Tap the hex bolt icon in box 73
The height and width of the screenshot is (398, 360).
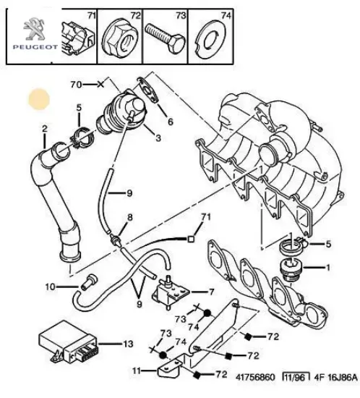pyautogui.click(x=167, y=33)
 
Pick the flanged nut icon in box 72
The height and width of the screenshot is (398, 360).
pyautogui.click(x=119, y=34)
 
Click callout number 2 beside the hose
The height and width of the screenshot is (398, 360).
pyautogui.click(x=45, y=130)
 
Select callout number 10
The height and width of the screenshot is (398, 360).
pyautogui.click(x=51, y=287)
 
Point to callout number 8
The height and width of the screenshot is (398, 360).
pyautogui.click(x=130, y=217)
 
